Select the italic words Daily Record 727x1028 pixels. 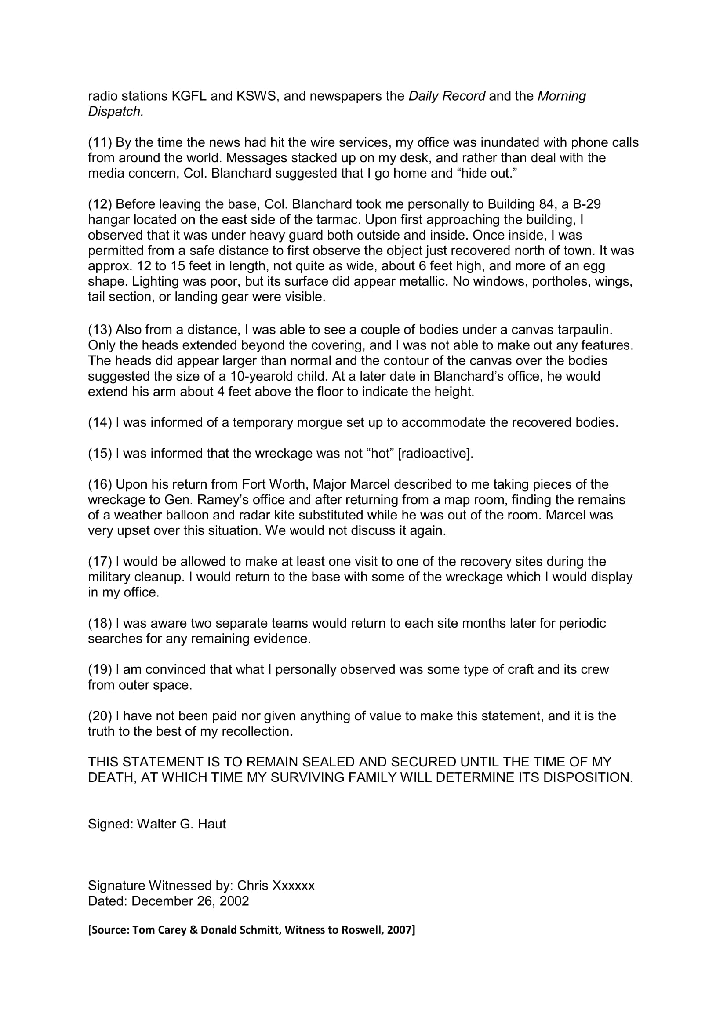447,96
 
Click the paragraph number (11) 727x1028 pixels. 100,142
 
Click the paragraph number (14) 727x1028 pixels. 100,422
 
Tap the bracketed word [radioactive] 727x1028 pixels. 435,454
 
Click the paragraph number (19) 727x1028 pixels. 100,669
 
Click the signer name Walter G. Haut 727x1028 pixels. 181,824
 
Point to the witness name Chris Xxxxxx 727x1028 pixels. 276,886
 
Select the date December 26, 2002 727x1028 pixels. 190,901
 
